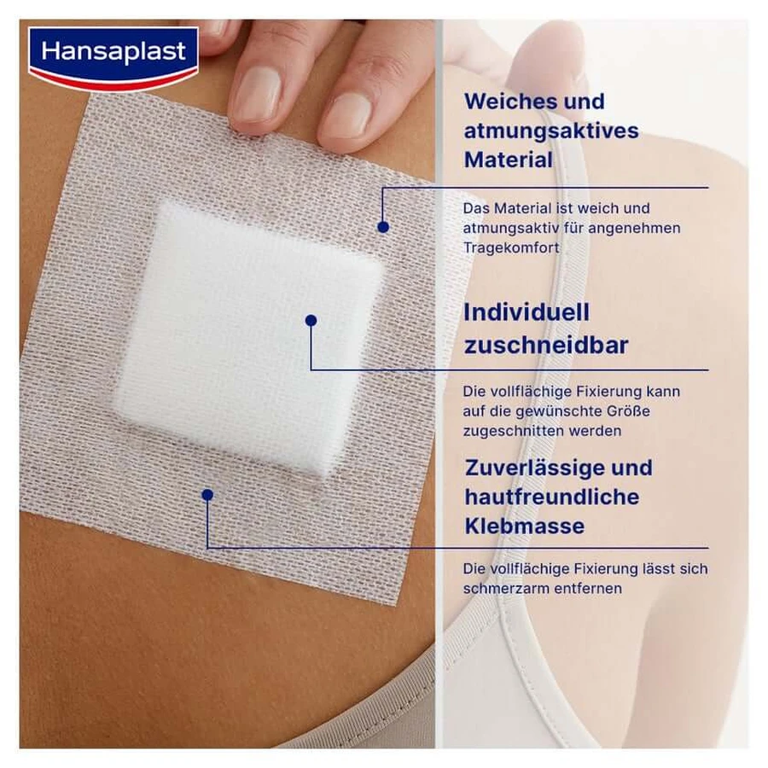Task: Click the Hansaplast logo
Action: [x=113, y=58]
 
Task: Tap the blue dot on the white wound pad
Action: [x=311, y=320]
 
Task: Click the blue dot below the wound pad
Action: [x=207, y=495]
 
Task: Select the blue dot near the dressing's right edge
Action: [x=383, y=227]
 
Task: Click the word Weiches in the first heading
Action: [x=509, y=102]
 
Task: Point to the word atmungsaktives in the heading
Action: [x=551, y=131]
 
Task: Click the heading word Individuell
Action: [x=526, y=312]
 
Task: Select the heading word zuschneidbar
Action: [x=545, y=346]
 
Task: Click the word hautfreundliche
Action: [x=552, y=497]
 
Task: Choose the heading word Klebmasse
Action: [x=525, y=527]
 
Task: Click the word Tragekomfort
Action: [x=511, y=247]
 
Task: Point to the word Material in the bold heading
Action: [x=509, y=160]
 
